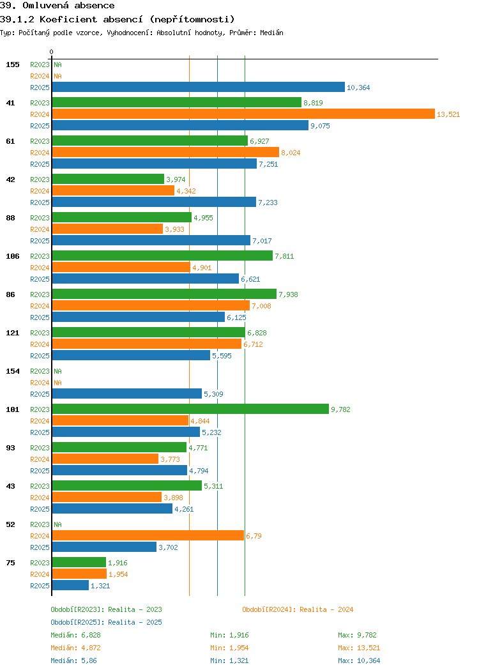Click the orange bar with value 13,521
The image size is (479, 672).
(x=243, y=114)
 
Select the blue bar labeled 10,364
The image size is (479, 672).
(x=198, y=87)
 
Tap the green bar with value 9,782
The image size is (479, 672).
(x=190, y=409)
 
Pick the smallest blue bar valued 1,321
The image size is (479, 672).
(x=70, y=585)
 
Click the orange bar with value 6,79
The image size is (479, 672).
(x=148, y=535)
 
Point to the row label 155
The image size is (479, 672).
(x=13, y=65)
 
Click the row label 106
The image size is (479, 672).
(x=13, y=256)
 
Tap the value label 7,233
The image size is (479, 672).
(x=268, y=202)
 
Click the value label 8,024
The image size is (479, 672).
(x=291, y=153)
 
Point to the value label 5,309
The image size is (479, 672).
(x=213, y=394)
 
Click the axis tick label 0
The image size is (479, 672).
(x=52, y=52)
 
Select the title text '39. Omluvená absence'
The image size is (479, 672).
(x=57, y=6)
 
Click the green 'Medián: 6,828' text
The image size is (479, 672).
(x=75, y=635)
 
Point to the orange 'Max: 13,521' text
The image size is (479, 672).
(x=359, y=648)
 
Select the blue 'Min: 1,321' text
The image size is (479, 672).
(x=229, y=661)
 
